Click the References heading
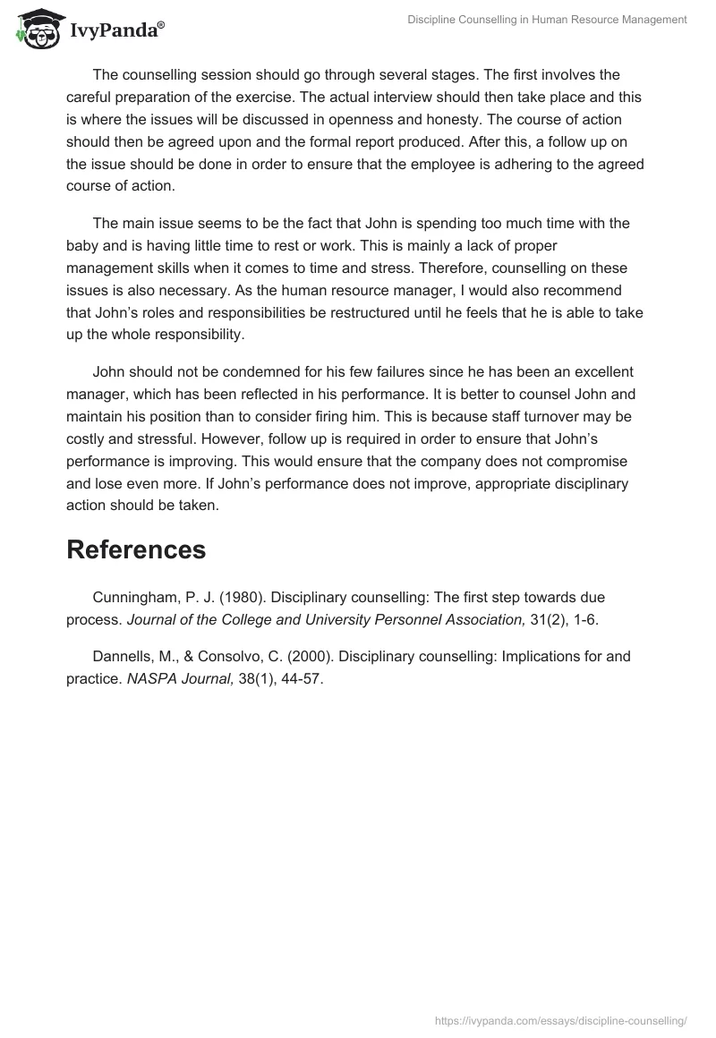[136, 549]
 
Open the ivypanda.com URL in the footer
[560, 1019]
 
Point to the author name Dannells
[125, 656]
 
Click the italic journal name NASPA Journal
[177, 679]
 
